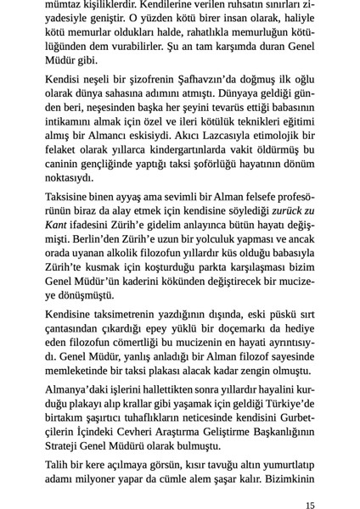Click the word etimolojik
point(281,136)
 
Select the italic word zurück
point(279,210)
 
